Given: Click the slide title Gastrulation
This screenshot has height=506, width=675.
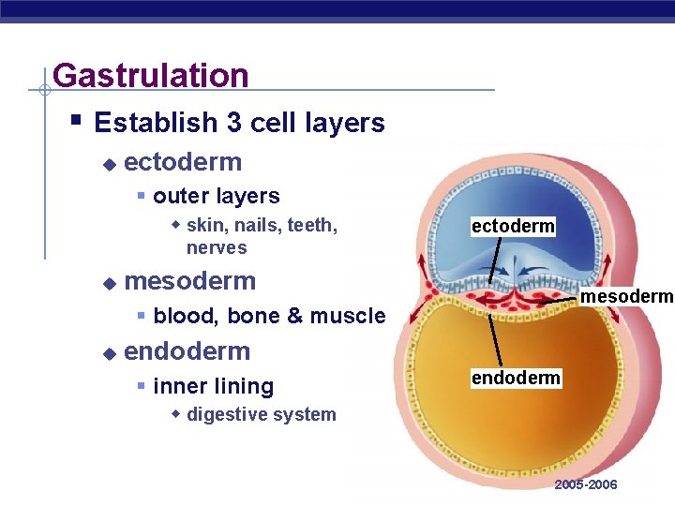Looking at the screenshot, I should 150,75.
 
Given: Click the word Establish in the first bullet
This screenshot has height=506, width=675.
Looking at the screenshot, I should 155,123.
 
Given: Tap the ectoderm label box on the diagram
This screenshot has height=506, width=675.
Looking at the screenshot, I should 513,226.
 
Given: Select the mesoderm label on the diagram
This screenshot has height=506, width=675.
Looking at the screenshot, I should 627,297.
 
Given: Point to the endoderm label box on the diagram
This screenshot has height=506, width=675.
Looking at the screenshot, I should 516,378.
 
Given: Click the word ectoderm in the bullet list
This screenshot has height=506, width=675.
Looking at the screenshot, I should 183,162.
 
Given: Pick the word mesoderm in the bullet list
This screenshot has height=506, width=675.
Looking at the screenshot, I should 189,280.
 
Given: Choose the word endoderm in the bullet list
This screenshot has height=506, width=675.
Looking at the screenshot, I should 187,351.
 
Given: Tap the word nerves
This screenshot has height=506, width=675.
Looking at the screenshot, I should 217,248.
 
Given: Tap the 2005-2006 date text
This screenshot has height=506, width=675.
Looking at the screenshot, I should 586,484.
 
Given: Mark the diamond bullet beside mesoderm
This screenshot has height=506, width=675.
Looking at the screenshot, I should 109,282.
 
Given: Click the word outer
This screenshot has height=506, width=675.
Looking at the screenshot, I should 179,196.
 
